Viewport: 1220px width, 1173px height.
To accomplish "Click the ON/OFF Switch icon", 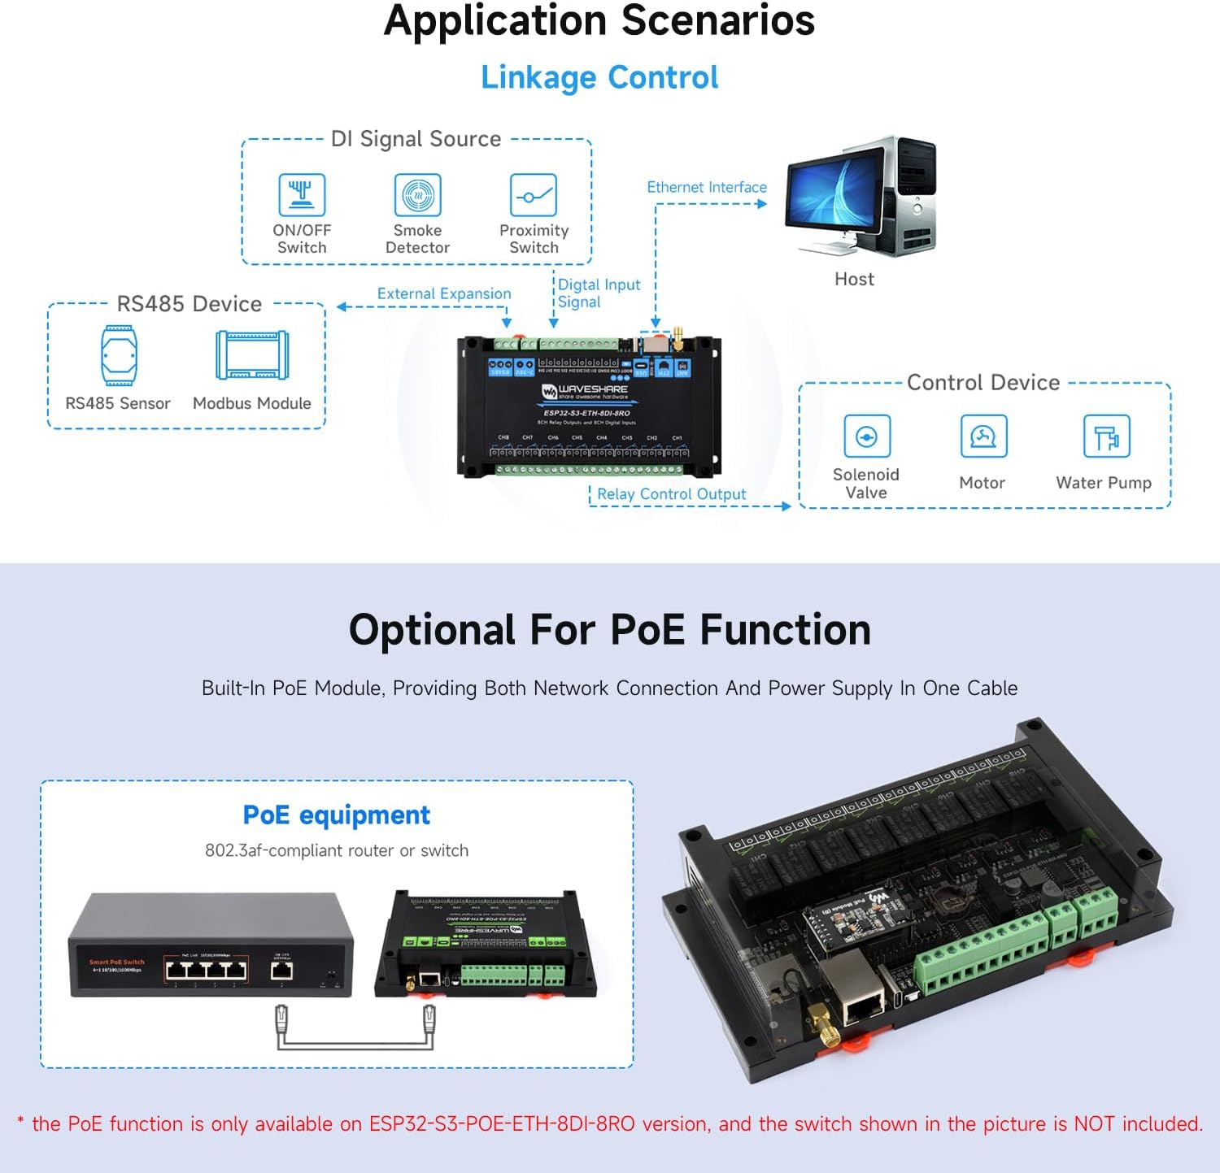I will [x=302, y=195].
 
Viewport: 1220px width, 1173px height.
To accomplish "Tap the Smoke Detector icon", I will [x=417, y=195].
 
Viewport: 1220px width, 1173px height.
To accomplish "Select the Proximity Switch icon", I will [x=534, y=195].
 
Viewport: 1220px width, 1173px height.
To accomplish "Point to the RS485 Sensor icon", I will [x=119, y=355].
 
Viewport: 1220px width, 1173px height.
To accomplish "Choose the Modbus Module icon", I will [x=252, y=355].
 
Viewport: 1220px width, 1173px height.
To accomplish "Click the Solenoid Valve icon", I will [x=866, y=437].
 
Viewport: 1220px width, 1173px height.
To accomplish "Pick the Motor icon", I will [x=983, y=437].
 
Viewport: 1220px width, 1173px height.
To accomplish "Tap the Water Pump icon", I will [x=1106, y=437].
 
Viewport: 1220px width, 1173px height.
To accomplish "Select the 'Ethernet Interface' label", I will [x=707, y=187].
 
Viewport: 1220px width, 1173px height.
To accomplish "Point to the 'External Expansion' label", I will [x=444, y=293].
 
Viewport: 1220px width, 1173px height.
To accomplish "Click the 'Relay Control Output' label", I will [x=671, y=494].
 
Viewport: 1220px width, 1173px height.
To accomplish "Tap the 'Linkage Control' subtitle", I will [x=599, y=77].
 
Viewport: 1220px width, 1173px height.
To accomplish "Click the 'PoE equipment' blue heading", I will [x=336, y=815].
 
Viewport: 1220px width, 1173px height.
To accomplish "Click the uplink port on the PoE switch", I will [x=282, y=970].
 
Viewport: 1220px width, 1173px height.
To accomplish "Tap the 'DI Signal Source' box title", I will [x=416, y=139].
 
